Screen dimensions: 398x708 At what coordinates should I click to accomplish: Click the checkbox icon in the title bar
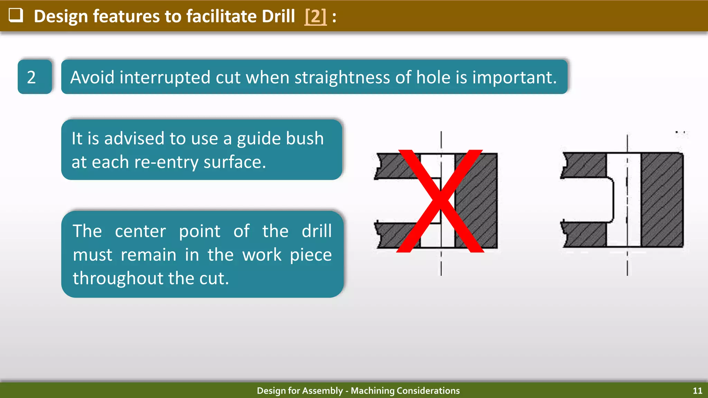[x=16, y=15]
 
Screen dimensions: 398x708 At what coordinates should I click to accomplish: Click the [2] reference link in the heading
[x=315, y=16]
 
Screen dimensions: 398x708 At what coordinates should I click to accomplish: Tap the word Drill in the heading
[x=278, y=16]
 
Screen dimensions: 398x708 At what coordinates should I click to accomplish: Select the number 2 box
[x=35, y=77]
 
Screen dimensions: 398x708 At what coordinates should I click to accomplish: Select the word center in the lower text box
[x=140, y=231]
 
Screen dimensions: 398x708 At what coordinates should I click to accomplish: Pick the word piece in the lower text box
[x=310, y=255]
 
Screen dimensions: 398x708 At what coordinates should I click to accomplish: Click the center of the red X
[x=440, y=201]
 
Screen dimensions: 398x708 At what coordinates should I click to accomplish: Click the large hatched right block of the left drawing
[x=476, y=200]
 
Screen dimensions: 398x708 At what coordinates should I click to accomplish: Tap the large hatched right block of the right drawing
[x=662, y=200]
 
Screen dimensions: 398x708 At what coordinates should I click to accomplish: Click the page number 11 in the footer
[x=697, y=391]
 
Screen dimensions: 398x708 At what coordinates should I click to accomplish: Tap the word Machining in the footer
[x=372, y=391]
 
